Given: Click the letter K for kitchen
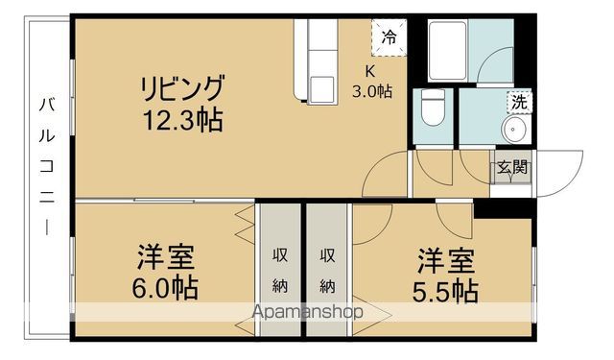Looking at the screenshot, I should (x=369, y=71).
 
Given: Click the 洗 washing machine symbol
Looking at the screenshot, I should (x=518, y=102).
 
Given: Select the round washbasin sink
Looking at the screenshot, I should (x=516, y=130).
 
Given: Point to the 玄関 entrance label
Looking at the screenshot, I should (x=511, y=167).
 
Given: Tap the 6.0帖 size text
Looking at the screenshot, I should (x=165, y=289).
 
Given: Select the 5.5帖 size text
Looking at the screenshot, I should (x=445, y=289).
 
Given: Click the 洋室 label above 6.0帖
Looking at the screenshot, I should (x=165, y=258).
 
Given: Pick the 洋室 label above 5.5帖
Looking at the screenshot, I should (x=445, y=259).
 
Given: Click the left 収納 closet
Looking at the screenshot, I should (x=280, y=270).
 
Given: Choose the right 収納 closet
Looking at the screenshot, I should (x=328, y=270).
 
